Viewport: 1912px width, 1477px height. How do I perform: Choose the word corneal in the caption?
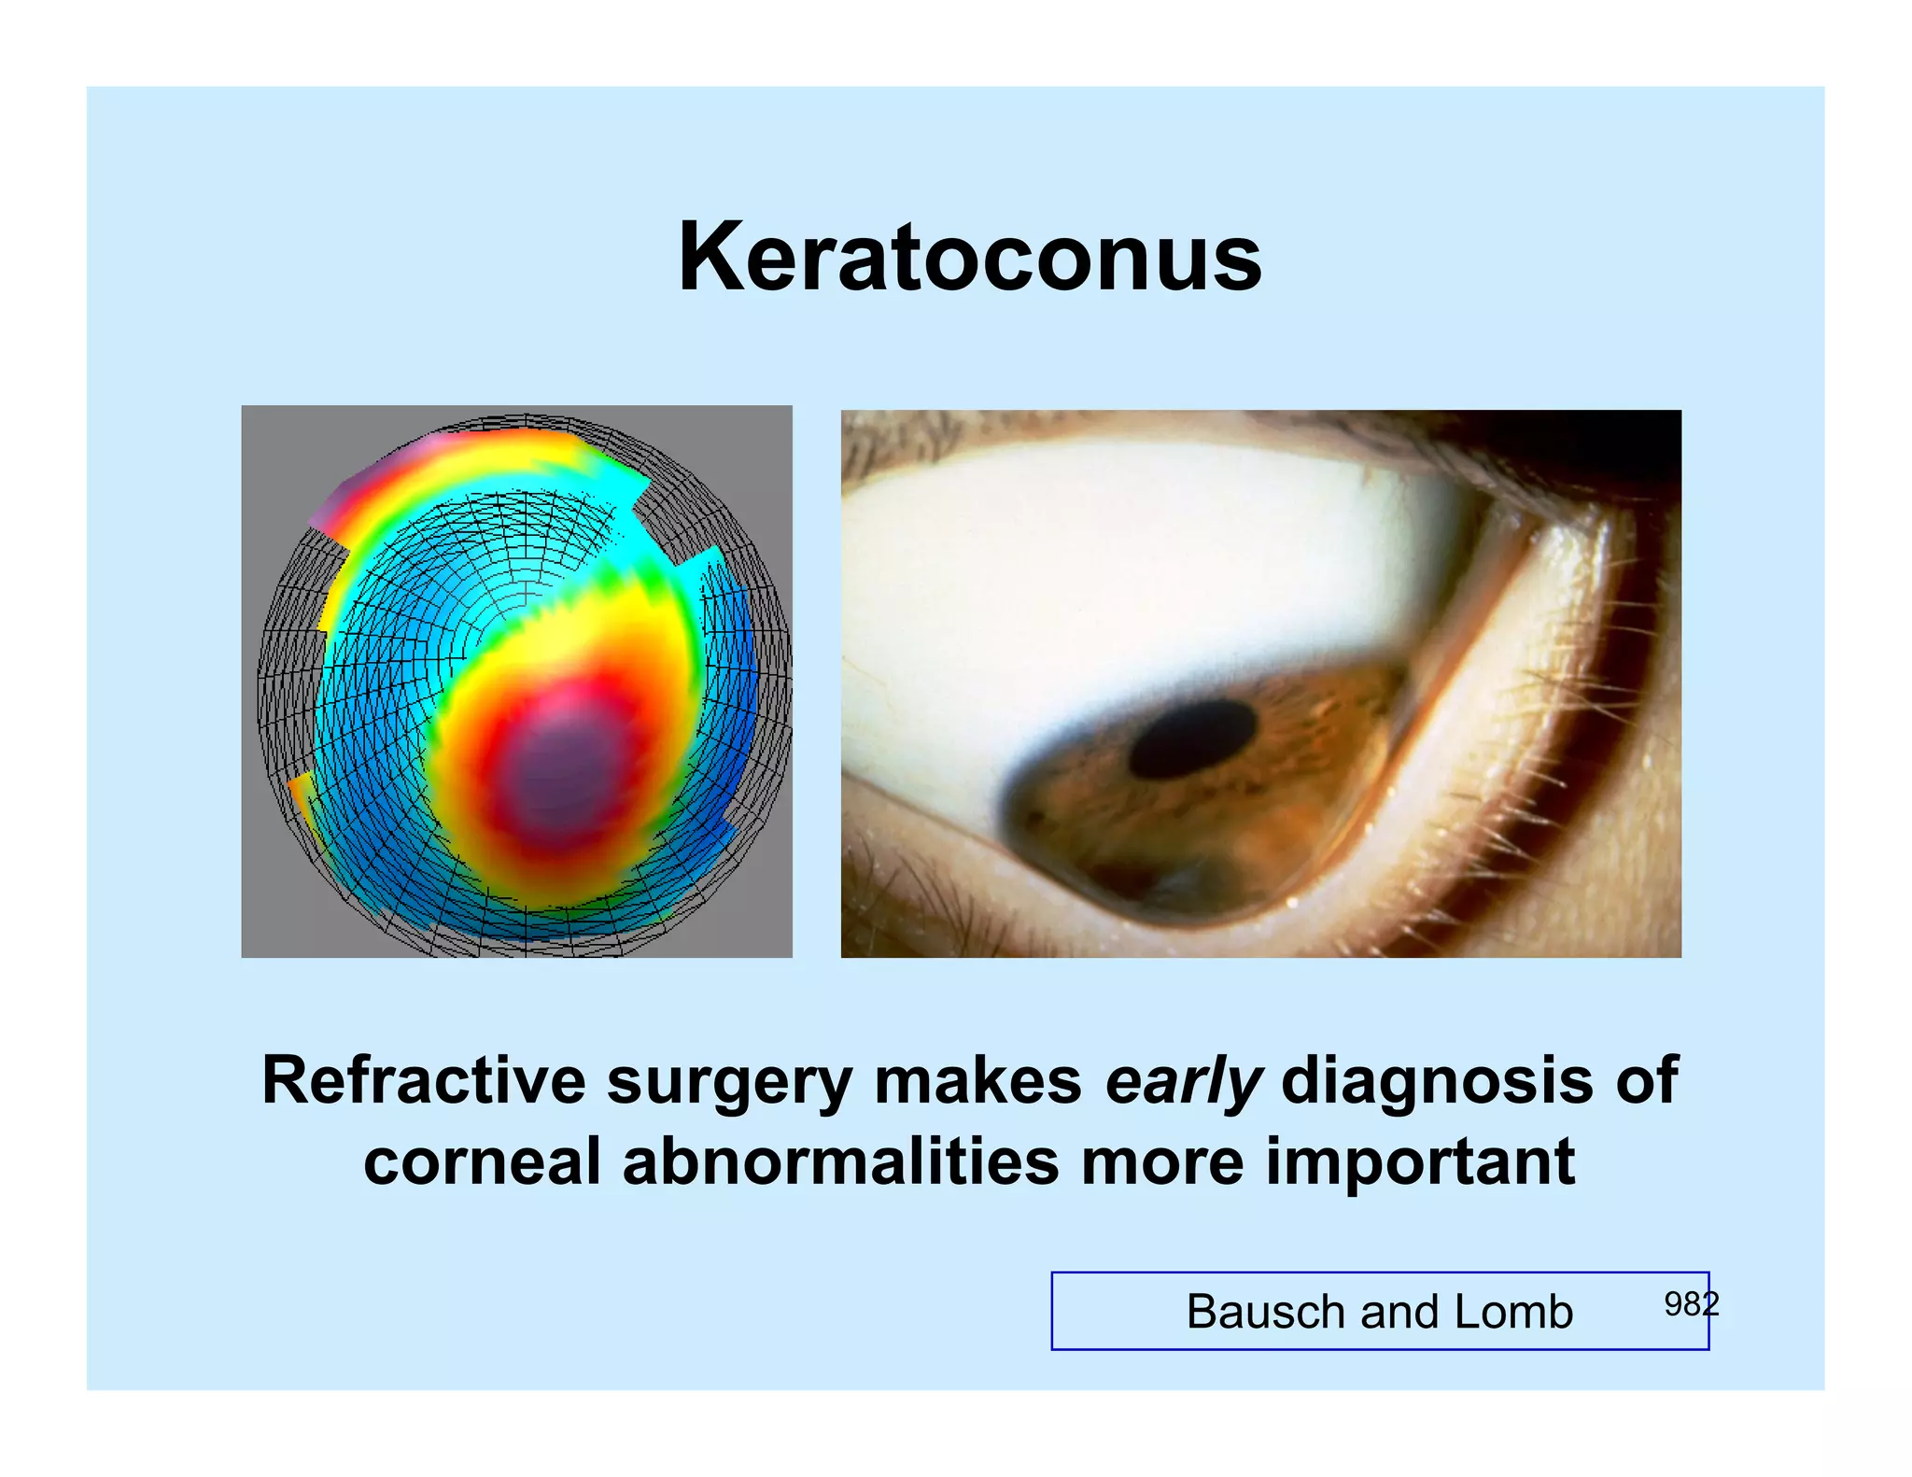[481, 1162]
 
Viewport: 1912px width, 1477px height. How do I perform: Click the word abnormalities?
[840, 1162]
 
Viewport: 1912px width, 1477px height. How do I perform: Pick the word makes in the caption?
[977, 1080]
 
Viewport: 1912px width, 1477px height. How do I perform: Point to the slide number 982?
[1691, 1303]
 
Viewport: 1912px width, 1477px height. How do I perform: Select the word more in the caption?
[1161, 1164]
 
